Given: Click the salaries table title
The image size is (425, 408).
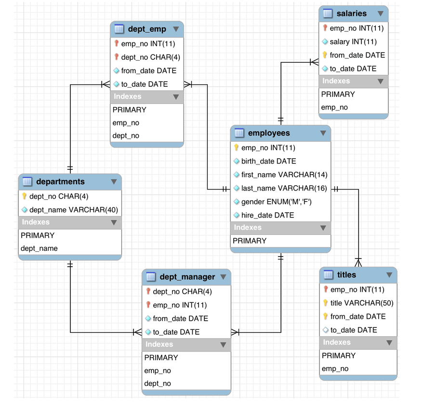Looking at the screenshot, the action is tap(351, 14).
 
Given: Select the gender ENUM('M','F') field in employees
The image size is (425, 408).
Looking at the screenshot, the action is tap(277, 202).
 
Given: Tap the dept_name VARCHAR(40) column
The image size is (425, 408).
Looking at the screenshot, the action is tap(74, 210).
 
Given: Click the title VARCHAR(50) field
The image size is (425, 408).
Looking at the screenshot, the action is tap(362, 303).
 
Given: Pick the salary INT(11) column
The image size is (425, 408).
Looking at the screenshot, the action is tap(353, 42).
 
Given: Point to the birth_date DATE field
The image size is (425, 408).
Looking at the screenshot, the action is tap(268, 162).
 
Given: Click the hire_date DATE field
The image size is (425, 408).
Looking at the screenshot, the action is tap(267, 216).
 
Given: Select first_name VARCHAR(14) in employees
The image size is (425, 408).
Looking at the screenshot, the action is tap(284, 175).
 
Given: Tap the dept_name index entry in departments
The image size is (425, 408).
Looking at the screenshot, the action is tap(39, 248).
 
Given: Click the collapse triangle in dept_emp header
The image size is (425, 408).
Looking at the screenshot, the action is tap(176, 29).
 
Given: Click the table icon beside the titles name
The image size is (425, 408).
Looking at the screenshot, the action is tap(328, 275).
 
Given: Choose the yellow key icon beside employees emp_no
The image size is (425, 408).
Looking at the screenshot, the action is tap(236, 147).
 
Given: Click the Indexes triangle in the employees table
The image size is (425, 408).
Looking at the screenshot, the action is tap(323, 228).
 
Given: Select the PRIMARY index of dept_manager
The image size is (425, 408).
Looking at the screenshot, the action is tap(161, 358).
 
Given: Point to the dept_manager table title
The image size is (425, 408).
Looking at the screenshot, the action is tap(187, 277).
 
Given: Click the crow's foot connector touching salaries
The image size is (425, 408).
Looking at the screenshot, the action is tap(314, 62).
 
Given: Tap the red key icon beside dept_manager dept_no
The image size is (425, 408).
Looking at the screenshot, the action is tap(148, 291).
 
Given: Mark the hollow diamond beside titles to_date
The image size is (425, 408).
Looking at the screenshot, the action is tap(325, 330).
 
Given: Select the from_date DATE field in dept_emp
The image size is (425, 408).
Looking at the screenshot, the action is tap(149, 71).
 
